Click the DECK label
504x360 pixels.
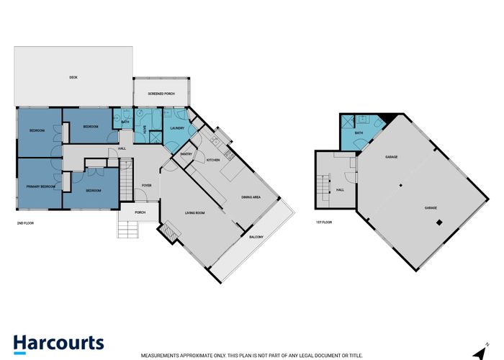coord(73,77)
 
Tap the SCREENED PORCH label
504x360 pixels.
coord(161,94)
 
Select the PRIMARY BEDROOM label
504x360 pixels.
coord(37,186)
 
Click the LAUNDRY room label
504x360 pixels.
coord(178,129)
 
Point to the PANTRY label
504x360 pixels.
coord(186,153)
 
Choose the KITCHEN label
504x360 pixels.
coord(213,160)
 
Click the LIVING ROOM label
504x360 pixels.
coord(196,213)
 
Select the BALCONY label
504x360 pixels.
coord(256,237)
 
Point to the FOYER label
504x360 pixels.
coord(146,185)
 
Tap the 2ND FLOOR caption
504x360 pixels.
coord(25,223)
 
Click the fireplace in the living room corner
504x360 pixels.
coord(170,231)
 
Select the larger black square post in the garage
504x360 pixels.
coord(437,223)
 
